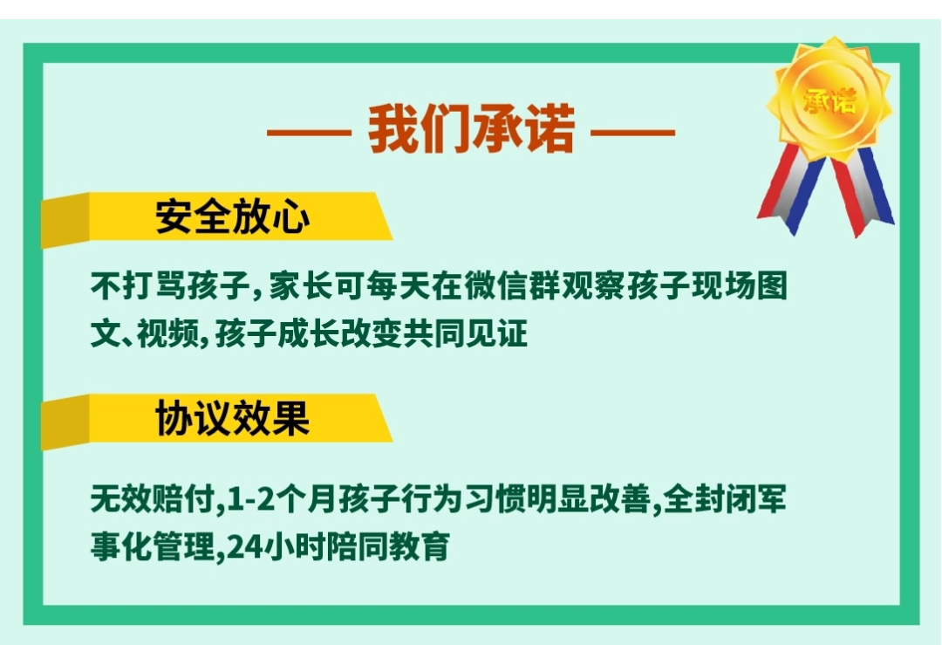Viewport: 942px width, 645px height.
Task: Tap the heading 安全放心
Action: click(x=233, y=216)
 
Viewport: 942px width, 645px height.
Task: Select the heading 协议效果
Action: click(x=233, y=419)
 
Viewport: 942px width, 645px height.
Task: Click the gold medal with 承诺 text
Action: click(x=829, y=100)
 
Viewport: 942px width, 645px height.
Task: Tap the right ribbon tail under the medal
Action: click(x=863, y=192)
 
